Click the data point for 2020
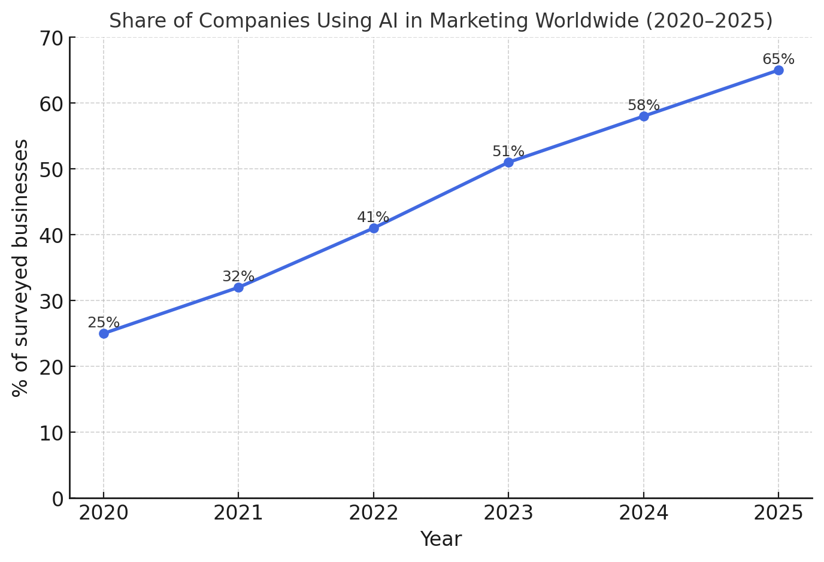coord(104,333)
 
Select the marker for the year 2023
coord(508,162)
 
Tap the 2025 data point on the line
coord(778,70)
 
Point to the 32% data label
coord(238,277)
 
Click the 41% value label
coord(373,217)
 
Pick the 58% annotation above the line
coord(643,105)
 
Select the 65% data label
coord(778,59)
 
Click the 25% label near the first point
coord(104,323)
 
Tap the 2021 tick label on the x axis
coord(238,513)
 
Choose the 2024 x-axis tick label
coord(643,513)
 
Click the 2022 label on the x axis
coord(373,513)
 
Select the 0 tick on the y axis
coord(57,499)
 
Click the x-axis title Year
coord(441,539)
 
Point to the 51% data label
coord(508,151)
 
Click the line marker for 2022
coord(374,228)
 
